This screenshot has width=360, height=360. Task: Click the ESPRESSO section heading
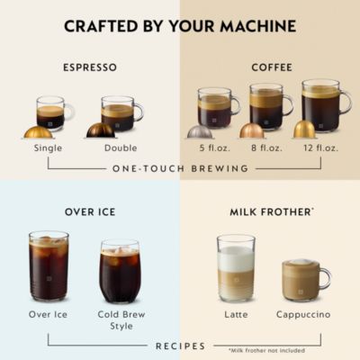click(89, 67)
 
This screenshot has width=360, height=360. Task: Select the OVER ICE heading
click(89, 212)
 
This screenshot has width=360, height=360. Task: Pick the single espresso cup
click(50, 113)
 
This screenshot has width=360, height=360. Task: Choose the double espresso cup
click(118, 113)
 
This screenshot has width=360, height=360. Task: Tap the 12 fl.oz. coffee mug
click(320, 107)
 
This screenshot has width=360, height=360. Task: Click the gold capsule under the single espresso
click(38, 131)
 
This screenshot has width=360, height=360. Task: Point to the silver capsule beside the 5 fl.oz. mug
click(200, 131)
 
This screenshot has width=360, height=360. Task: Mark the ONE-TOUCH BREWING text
click(179, 168)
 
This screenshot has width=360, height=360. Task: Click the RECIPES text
click(180, 346)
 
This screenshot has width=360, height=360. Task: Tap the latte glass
click(236, 267)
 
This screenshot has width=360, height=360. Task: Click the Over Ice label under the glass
click(49, 315)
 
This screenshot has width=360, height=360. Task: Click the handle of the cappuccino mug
click(325, 279)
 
